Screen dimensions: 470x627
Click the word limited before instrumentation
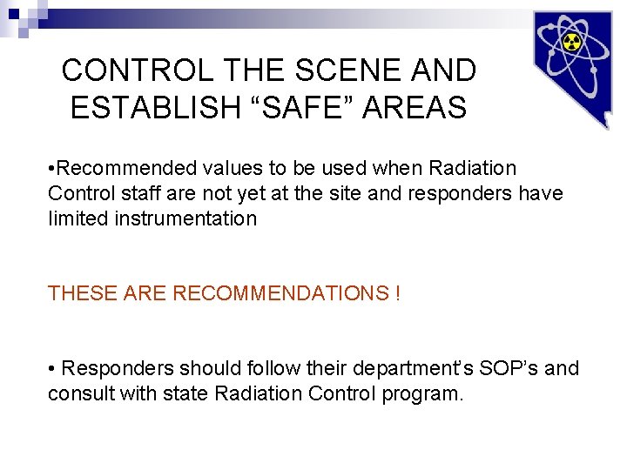pyautogui.click(x=78, y=218)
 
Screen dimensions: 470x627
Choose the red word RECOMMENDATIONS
pyautogui.click(x=279, y=293)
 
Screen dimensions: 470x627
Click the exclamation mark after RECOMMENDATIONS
pyautogui.click(x=397, y=293)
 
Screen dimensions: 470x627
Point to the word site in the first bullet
pyautogui.click(x=347, y=193)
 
